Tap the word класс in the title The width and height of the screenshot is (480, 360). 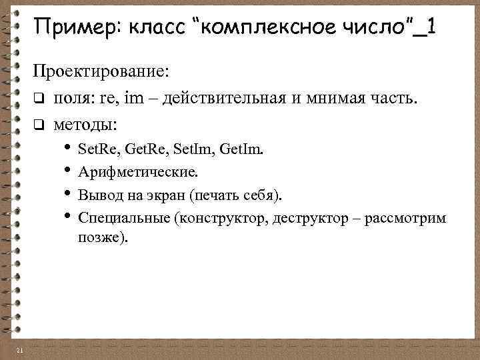148,29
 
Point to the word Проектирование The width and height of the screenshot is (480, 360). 102,71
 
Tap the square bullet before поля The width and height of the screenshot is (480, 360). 39,99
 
